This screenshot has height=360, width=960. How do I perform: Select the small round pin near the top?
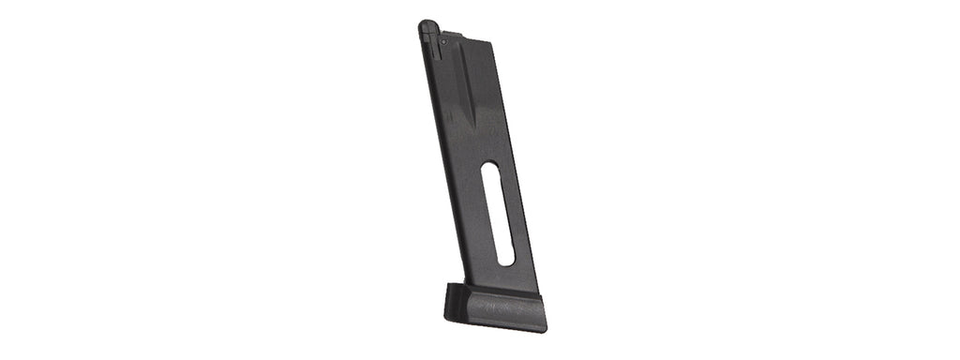point(442,42)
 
